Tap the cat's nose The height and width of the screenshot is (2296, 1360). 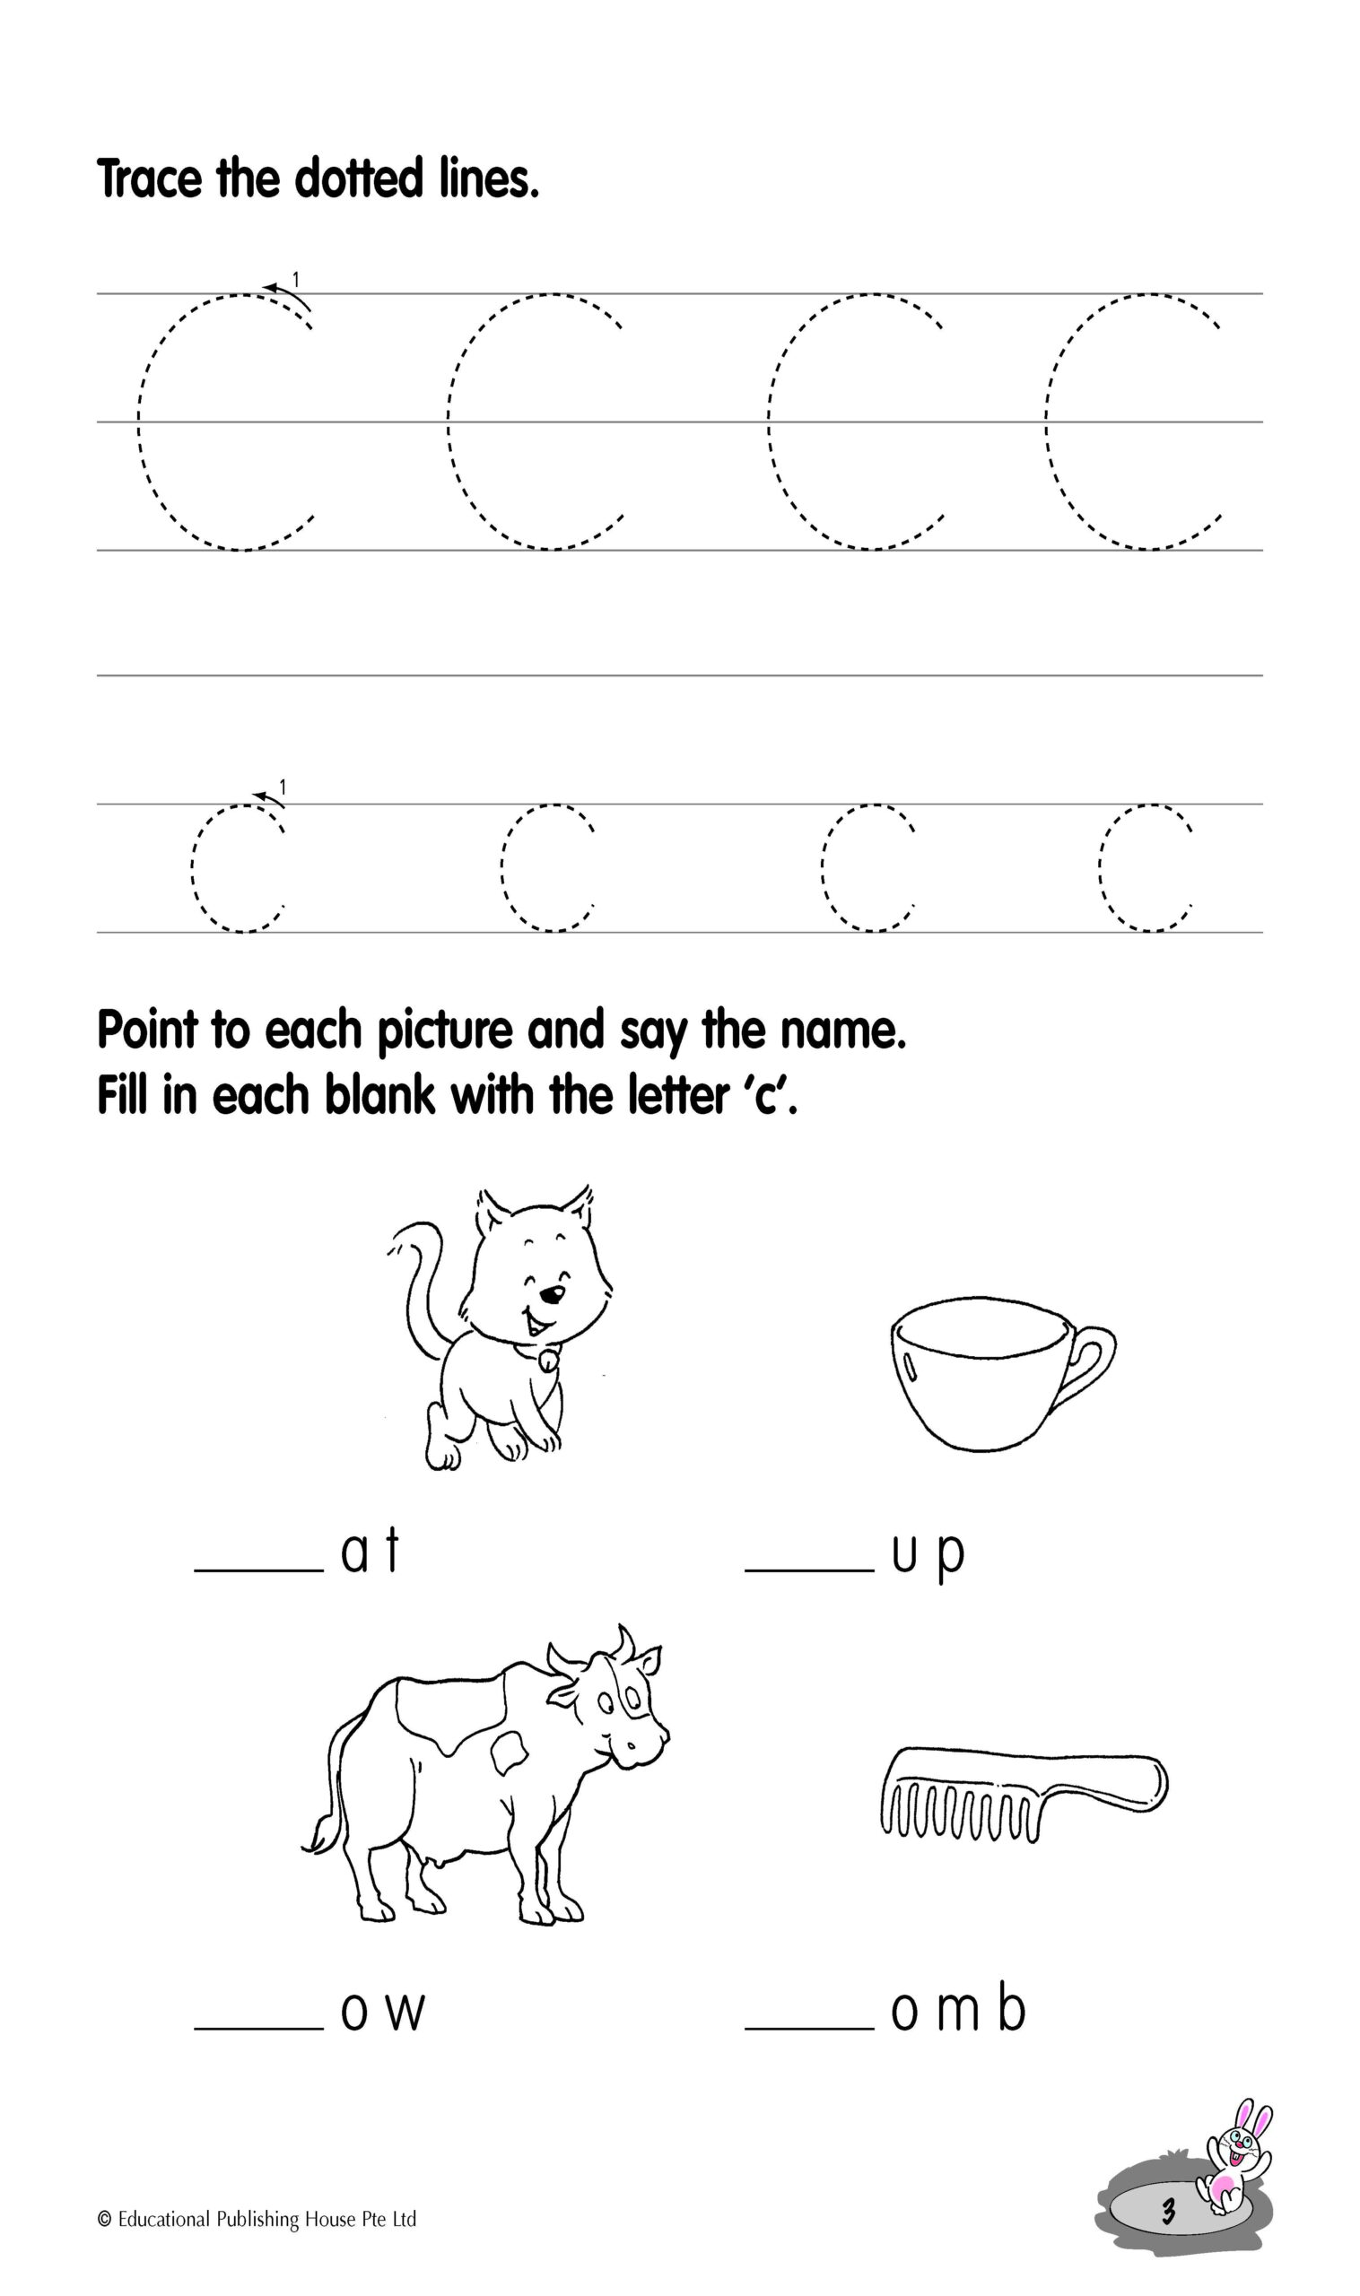[x=551, y=1294]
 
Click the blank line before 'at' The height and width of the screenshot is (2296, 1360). [x=259, y=1570]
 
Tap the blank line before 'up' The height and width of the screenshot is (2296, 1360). [x=809, y=1570]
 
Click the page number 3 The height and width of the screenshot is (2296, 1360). [x=1167, y=2212]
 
